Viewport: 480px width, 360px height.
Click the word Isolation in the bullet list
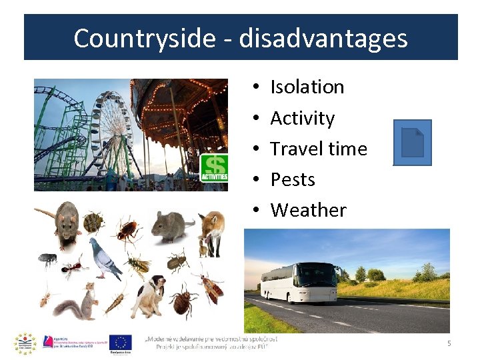[x=307, y=87]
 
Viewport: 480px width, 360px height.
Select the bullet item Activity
[x=302, y=118]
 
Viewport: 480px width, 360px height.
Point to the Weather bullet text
[x=308, y=210]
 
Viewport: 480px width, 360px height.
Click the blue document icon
[x=412, y=142]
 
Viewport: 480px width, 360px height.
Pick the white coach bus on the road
[x=300, y=282]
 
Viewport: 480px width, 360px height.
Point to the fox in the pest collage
[x=212, y=231]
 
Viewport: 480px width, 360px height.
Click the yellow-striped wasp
[x=138, y=265]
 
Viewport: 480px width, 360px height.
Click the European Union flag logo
[x=120, y=343]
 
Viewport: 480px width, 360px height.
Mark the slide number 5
[x=449, y=343]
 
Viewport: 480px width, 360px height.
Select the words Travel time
[x=318, y=149]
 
